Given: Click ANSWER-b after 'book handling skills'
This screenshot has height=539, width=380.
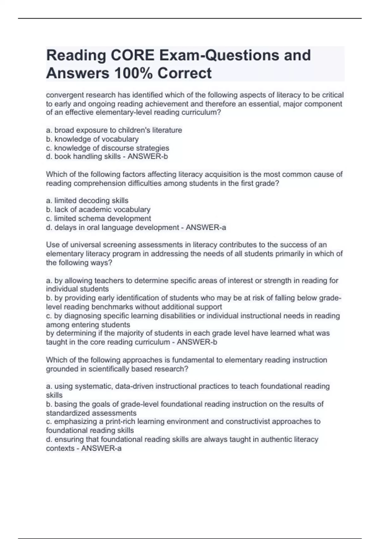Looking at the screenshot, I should point(148,157).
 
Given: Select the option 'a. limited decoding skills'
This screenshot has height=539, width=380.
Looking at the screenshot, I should point(87,201).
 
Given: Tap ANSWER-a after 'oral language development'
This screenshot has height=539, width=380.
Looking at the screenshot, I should point(206,228).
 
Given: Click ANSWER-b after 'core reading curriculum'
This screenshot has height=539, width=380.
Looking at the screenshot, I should point(197,342).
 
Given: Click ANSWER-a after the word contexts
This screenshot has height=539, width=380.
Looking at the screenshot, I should point(101,449).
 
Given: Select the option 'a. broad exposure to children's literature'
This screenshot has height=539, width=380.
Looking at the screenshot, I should point(114,130).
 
